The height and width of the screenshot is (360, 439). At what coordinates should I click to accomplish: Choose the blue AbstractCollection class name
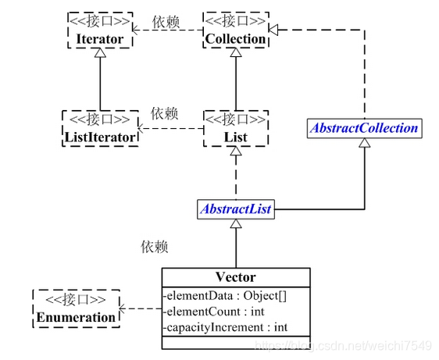point(364,127)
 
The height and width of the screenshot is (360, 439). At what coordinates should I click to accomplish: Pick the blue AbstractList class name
point(235,209)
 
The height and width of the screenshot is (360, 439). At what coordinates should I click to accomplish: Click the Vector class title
point(235,276)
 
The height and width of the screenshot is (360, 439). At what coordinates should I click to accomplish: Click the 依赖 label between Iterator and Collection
point(166,22)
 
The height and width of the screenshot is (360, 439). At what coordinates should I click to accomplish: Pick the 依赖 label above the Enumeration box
point(154,247)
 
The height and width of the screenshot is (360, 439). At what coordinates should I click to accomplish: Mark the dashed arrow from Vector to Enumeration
point(141,308)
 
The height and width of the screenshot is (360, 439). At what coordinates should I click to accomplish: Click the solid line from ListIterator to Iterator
point(99,82)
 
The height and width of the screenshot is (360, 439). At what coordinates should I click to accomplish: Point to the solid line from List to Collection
point(235,82)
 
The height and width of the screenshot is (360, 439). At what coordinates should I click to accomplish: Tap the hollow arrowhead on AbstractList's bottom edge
point(235,223)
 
